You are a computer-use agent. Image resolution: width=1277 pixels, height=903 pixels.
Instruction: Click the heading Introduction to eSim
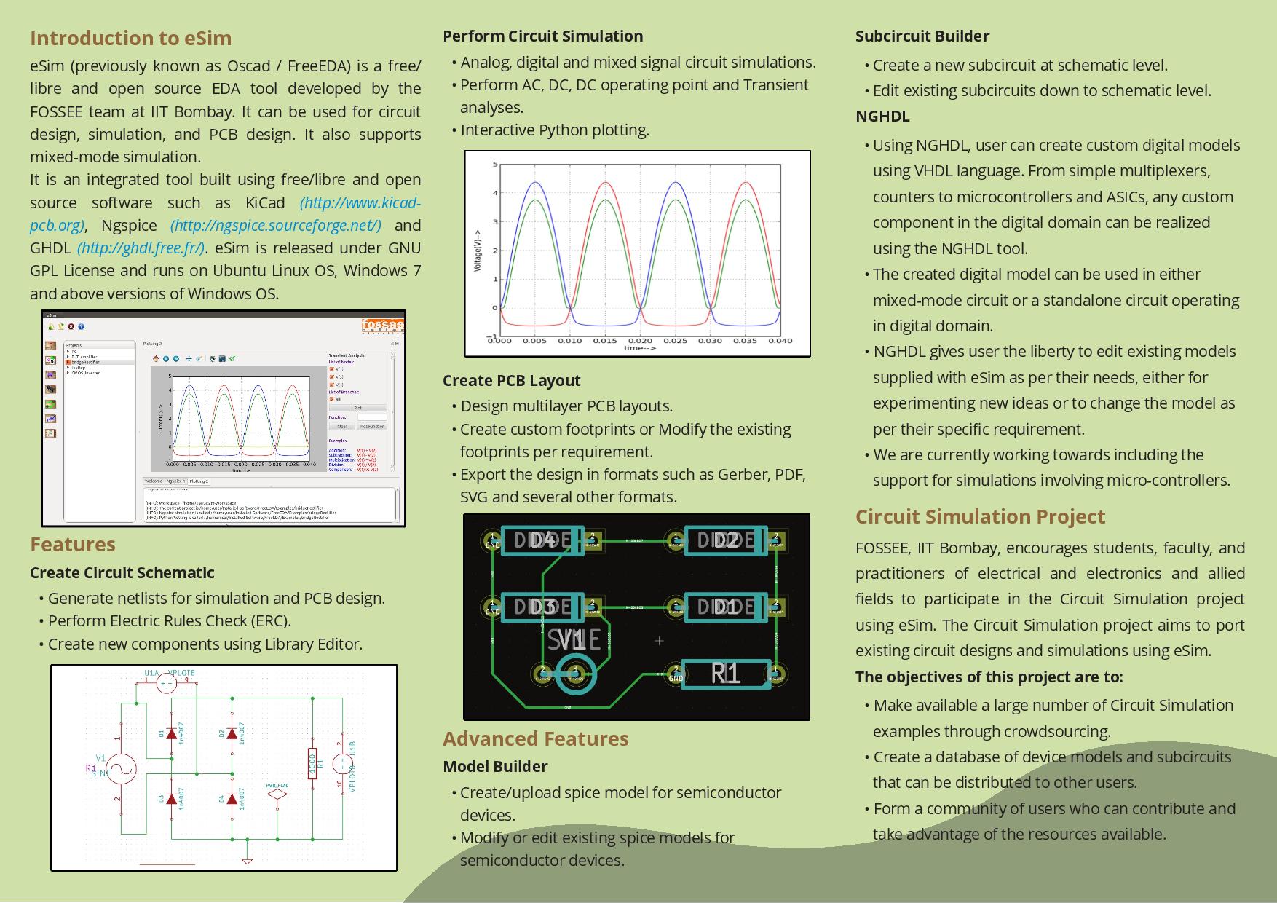pos(130,39)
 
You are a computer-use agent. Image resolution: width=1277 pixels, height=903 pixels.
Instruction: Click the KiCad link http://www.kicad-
pos(360,202)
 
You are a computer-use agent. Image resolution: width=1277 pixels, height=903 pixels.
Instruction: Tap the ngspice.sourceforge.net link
pos(275,225)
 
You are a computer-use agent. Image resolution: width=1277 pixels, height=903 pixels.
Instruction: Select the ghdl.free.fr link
pos(141,248)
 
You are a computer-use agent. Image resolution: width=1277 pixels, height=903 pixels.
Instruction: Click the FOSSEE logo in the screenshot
pos(383,325)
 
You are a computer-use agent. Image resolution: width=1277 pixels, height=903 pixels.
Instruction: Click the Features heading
pos(73,544)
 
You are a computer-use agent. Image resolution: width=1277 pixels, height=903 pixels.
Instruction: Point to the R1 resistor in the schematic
pos(312,763)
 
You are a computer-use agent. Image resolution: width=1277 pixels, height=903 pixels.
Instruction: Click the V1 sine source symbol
pos(122,769)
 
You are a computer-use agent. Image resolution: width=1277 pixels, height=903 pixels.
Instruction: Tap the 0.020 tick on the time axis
pos(640,340)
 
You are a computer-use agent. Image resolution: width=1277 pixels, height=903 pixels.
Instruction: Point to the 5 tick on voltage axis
pos(495,165)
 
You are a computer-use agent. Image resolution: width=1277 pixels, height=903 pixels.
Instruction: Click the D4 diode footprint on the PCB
pos(542,540)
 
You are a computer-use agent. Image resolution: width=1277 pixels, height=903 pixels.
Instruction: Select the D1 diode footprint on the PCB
pos(726,607)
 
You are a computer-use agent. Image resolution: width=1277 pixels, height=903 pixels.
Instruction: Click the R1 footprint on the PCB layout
pos(725,674)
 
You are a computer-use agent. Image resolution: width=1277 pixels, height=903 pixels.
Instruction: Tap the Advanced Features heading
pos(535,738)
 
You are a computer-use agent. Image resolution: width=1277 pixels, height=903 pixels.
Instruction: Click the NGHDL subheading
pos(882,117)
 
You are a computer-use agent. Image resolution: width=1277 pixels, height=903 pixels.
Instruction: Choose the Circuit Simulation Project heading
pos(980,516)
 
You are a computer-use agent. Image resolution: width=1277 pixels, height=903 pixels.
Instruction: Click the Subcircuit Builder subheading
pos(922,36)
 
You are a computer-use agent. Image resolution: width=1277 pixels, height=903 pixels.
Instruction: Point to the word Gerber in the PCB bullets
pos(743,474)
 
